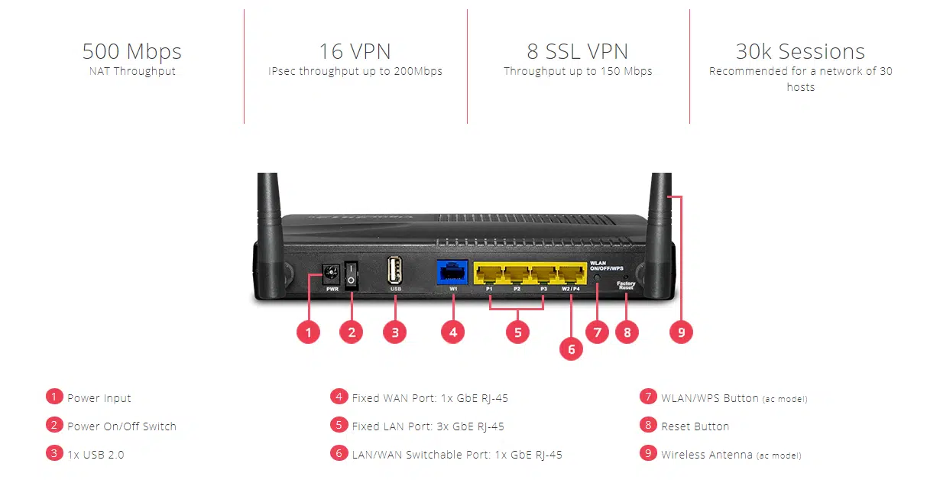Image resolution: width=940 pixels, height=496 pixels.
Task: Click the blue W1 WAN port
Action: click(452, 273)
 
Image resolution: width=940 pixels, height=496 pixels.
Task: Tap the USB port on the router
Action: click(394, 272)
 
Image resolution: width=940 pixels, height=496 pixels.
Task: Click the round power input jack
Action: click(332, 273)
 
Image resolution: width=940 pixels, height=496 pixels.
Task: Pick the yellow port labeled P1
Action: click(488, 274)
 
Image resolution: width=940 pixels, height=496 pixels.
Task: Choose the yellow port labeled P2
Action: click(517, 274)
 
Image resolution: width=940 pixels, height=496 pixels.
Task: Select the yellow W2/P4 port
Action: click(571, 274)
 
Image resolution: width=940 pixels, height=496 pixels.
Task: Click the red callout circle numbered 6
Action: click(571, 348)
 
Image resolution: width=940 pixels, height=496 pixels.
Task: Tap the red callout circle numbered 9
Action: click(680, 332)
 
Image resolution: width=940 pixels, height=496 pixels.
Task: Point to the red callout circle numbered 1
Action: click(308, 332)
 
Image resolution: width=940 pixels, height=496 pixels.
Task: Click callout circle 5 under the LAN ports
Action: click(517, 332)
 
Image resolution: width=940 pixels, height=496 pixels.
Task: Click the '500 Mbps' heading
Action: click(131, 52)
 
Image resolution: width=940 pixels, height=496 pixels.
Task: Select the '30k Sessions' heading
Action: click(800, 52)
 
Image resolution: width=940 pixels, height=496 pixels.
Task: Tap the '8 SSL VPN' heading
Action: click(577, 52)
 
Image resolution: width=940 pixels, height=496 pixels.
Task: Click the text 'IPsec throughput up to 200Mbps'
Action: click(355, 72)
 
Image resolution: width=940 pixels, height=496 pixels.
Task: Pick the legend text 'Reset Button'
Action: click(695, 426)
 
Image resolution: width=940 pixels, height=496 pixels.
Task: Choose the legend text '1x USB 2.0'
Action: click(96, 455)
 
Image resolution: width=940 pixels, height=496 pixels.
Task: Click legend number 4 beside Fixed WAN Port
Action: click(339, 397)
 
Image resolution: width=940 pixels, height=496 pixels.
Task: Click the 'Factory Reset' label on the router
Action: click(626, 286)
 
